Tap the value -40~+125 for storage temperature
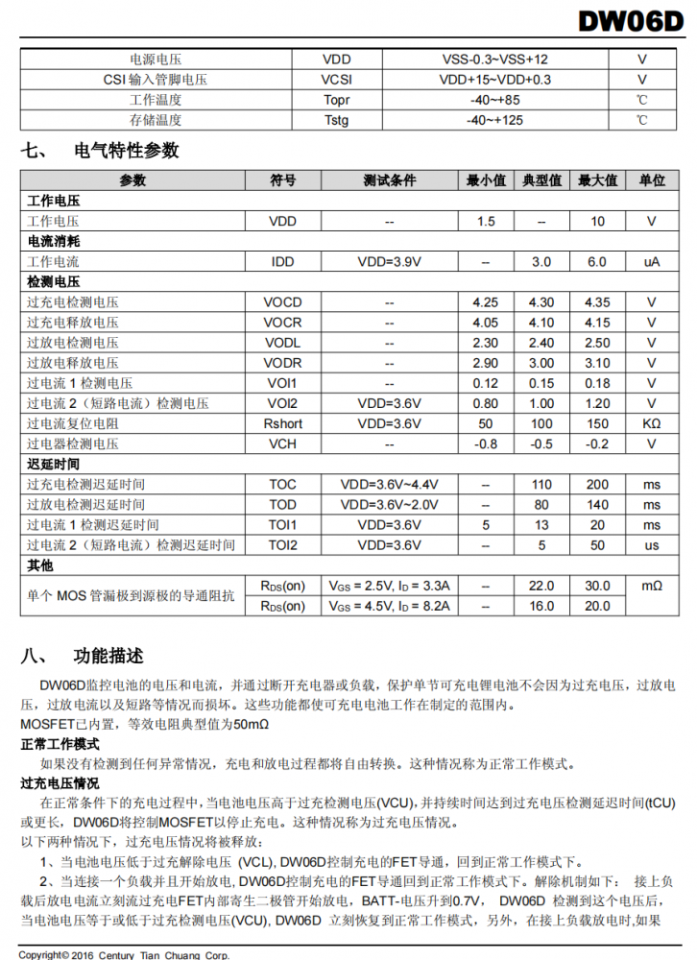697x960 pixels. coord(494,120)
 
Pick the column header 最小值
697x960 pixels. coord(486,180)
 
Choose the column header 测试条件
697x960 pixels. coord(389,180)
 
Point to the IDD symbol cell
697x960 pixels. coord(282,261)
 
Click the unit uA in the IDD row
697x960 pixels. coord(651,261)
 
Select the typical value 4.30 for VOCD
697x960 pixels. coord(541,302)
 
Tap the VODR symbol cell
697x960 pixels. coord(282,363)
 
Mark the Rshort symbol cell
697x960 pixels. coord(282,423)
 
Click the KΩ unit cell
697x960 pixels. coord(651,423)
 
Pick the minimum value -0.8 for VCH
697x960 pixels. coord(486,444)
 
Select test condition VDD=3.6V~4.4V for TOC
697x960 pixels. coord(389,485)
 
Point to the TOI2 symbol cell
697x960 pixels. coord(282,545)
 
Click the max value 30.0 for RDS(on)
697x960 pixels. coord(597,586)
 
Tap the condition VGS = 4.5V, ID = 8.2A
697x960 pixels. coord(389,606)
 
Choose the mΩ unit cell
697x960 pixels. coord(651,586)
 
